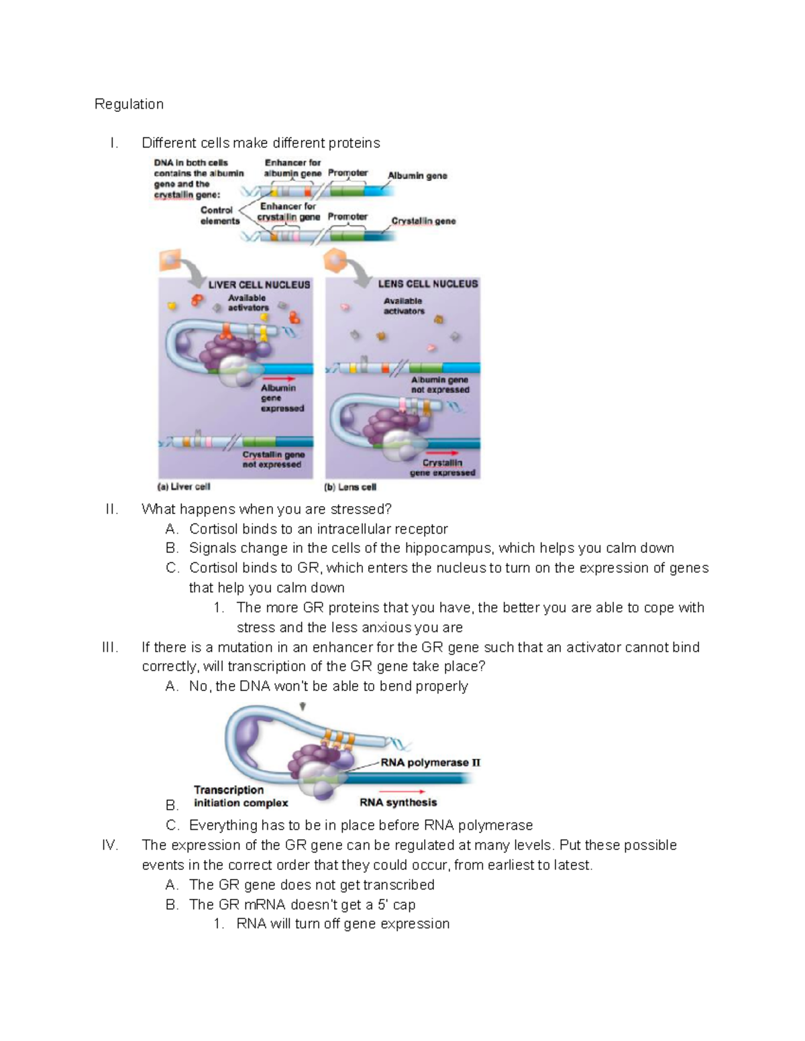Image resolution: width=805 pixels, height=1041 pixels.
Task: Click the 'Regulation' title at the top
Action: [x=129, y=104]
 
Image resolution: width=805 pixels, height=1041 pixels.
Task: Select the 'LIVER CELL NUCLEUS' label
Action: [x=259, y=285]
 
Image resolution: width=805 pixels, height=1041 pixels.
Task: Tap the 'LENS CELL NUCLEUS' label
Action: [x=427, y=284]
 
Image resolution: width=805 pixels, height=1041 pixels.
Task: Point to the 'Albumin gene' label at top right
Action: [x=417, y=176]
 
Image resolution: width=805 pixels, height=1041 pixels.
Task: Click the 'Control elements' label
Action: [x=219, y=215]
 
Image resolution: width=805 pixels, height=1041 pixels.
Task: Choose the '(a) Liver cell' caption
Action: [x=184, y=487]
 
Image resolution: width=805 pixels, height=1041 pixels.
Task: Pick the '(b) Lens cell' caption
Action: [x=350, y=487]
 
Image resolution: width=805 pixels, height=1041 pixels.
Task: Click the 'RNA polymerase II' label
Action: [x=430, y=762]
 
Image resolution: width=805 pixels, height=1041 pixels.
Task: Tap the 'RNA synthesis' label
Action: [x=398, y=802]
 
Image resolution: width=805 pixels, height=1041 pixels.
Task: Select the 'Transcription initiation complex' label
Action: [x=240, y=796]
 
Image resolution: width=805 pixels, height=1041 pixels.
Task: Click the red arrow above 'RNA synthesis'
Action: [x=402, y=792]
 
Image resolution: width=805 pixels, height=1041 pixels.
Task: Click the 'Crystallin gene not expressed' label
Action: [x=273, y=459]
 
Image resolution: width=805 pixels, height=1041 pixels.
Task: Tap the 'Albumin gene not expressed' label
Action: [x=440, y=385]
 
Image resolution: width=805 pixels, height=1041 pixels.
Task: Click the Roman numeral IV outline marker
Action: [x=110, y=845]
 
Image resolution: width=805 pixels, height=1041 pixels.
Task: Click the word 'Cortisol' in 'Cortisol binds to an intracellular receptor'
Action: [x=213, y=528]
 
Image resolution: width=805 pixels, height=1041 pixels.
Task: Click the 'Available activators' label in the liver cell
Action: [x=248, y=303]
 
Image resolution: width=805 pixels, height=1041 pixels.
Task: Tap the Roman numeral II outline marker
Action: [x=112, y=509]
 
